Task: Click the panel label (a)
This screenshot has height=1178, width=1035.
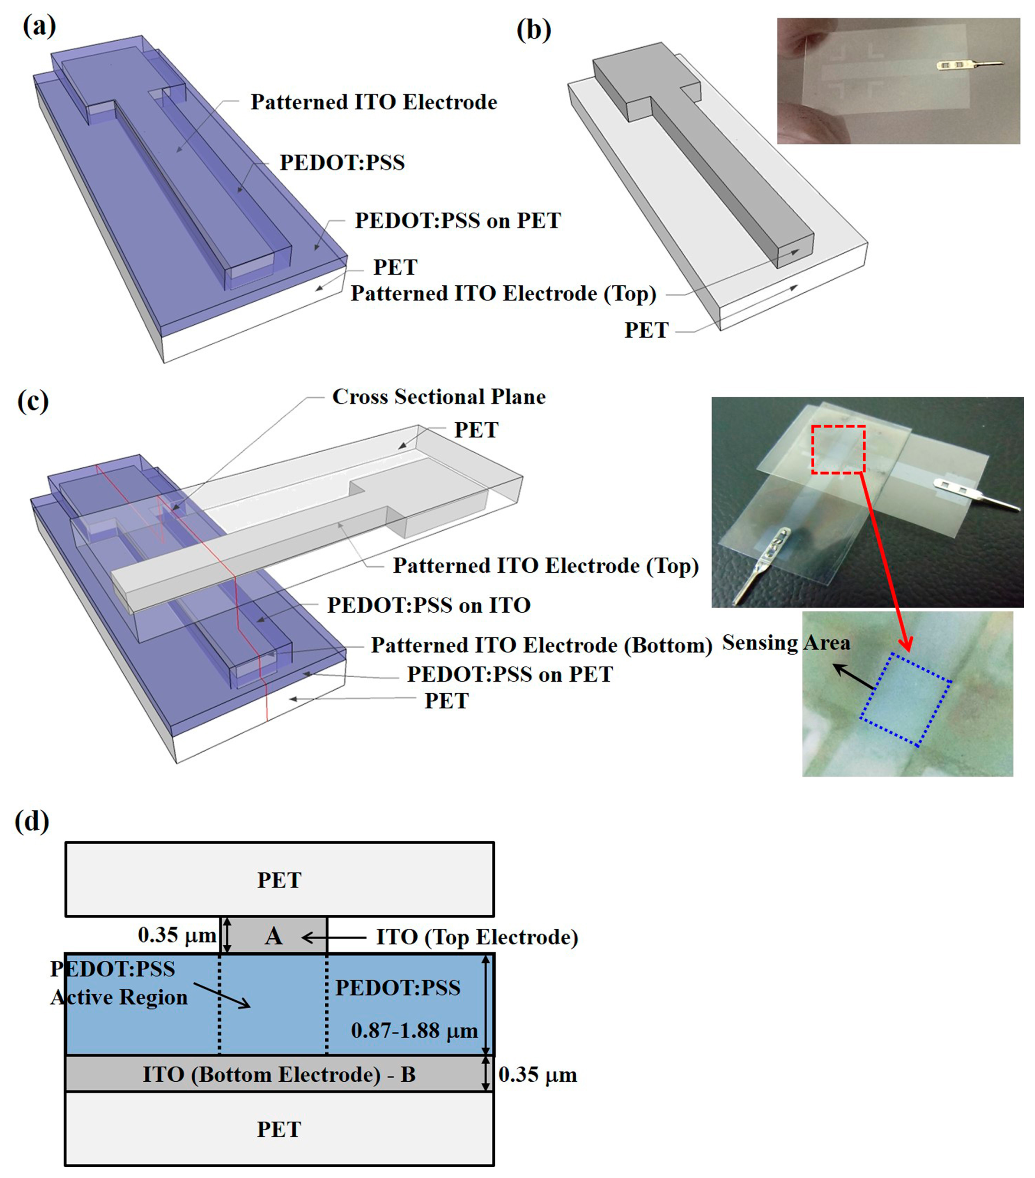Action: pos(39,26)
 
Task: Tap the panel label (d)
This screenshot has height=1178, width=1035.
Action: pos(32,821)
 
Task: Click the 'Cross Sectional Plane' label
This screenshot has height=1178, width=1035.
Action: pos(438,397)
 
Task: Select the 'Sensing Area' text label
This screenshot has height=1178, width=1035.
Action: pos(786,643)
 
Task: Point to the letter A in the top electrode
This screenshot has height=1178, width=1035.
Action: pos(274,937)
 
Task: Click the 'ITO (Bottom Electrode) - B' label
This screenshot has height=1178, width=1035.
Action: pos(279,1075)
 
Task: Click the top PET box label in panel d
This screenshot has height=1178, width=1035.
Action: pos(279,880)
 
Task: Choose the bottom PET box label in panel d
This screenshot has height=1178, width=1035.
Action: pos(279,1129)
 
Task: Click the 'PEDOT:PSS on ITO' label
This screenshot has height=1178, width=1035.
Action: pos(429,605)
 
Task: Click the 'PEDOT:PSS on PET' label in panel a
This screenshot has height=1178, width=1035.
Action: pos(457,221)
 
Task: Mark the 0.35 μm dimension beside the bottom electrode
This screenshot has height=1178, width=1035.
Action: pos(537,1075)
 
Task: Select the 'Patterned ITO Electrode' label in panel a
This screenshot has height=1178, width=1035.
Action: pos(373,102)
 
